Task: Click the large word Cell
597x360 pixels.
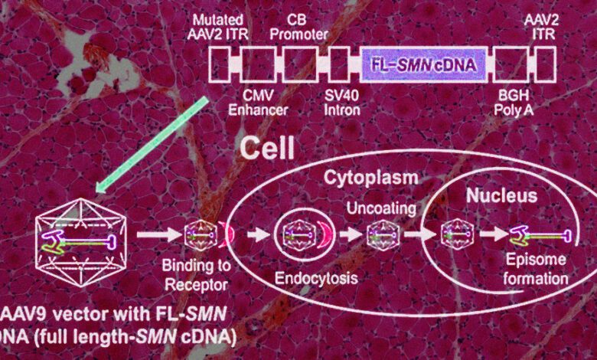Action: [269, 147]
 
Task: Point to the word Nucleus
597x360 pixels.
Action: [501, 196]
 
